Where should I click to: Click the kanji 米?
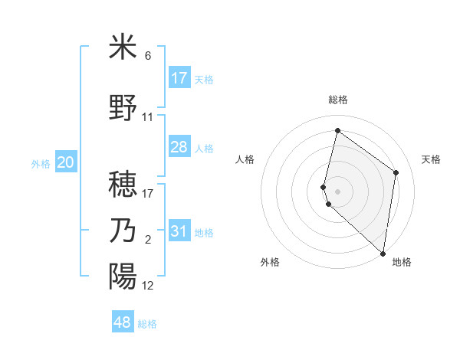point(123,47)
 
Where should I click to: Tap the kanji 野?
point(123,107)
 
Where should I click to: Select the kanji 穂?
point(123,184)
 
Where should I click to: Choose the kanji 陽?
point(123,276)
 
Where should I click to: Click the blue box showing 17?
point(179,77)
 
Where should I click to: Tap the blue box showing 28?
point(179,147)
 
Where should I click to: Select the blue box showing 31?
point(179,231)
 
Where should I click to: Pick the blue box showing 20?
point(66,162)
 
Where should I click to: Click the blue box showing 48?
point(123,322)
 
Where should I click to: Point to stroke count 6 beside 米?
point(148,56)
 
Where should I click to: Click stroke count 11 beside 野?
point(148,117)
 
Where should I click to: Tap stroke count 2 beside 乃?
point(148,241)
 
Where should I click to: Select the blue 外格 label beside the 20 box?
point(41,163)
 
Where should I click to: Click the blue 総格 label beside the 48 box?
point(147,324)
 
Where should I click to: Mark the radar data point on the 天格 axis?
point(396,172)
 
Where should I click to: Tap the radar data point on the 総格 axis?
point(337,131)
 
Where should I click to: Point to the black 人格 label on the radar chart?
point(245,159)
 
